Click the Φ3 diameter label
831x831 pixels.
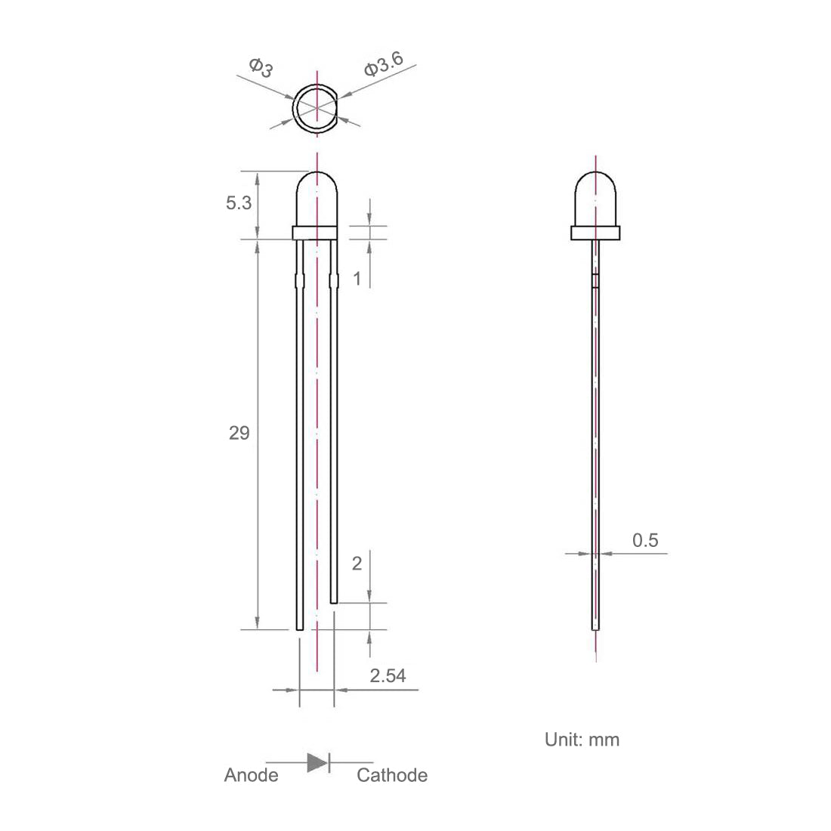click(x=261, y=67)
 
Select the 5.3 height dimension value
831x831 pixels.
click(x=239, y=202)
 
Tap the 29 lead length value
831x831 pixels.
click(x=239, y=433)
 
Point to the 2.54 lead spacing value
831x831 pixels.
click(x=388, y=675)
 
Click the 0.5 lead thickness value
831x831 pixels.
click(x=645, y=540)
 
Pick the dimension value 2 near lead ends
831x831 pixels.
click(x=357, y=564)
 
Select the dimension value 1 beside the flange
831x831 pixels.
click(x=357, y=279)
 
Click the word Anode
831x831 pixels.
click(x=252, y=775)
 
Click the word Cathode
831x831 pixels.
click(x=392, y=775)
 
